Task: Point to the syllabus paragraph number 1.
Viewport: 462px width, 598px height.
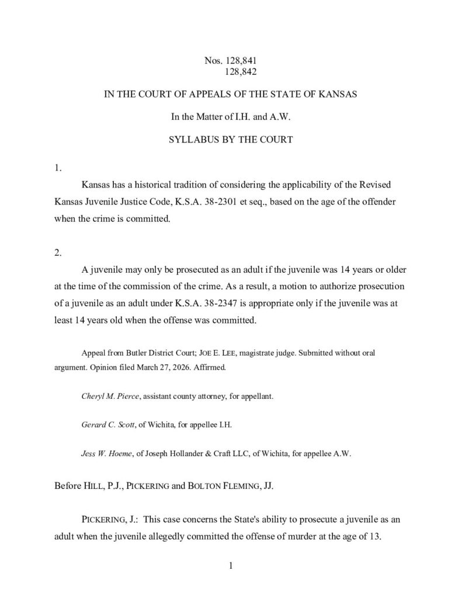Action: pyautogui.click(x=57, y=169)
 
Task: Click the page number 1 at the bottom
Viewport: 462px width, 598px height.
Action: pyautogui.click(x=231, y=565)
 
